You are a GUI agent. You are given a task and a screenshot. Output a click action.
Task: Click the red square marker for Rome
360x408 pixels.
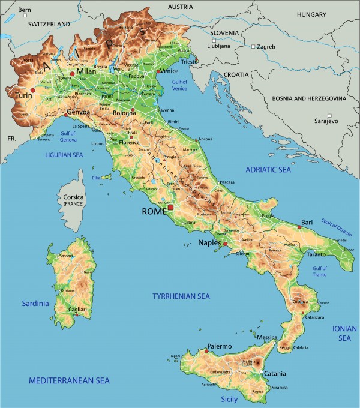pyautogui.click(x=170, y=208)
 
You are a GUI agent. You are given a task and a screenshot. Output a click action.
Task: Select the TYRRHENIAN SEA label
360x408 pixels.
pyautogui.click(x=181, y=296)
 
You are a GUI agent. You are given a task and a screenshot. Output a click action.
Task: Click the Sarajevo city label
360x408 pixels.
pyautogui.click(x=326, y=121)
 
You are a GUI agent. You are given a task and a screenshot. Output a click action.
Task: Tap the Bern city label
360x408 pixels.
pyautogui.click(x=25, y=10)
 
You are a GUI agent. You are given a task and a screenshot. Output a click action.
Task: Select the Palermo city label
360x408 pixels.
pyautogui.click(x=219, y=346)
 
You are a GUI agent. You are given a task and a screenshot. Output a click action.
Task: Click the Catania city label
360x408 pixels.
pyautogui.click(x=275, y=374)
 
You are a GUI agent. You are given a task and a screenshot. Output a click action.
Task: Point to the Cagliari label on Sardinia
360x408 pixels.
pyautogui.click(x=77, y=309)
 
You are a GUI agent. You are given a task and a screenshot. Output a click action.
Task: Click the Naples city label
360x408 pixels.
pyautogui.click(x=210, y=243)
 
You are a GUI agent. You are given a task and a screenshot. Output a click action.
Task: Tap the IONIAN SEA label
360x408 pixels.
pyautogui.click(x=344, y=333)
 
